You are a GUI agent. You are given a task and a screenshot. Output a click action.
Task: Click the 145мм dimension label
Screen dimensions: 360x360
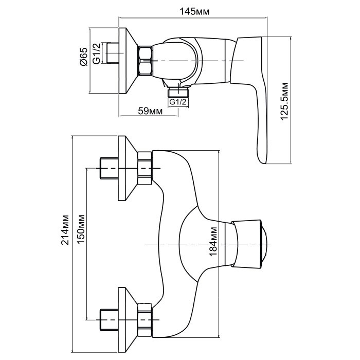194,11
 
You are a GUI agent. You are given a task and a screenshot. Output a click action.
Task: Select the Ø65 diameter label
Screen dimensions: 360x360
84,57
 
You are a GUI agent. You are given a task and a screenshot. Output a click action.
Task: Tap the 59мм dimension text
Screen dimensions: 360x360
150,111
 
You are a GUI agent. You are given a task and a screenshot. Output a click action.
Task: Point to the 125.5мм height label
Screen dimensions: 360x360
284,101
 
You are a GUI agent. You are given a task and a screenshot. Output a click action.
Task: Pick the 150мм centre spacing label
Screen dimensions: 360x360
81,229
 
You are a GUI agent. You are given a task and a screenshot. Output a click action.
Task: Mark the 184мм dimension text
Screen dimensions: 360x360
213,241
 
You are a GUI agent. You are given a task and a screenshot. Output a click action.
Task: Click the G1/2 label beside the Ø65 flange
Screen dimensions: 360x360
97,53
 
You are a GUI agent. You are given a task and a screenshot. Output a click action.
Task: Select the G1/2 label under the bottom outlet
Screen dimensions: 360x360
178,101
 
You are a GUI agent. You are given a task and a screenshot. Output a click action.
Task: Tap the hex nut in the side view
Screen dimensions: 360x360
145,60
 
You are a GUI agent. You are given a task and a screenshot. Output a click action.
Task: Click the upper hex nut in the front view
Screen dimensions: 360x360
145,168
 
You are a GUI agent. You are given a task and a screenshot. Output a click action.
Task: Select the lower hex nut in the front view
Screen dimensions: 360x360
145,320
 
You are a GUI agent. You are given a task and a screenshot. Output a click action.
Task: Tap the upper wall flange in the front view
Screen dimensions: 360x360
128,168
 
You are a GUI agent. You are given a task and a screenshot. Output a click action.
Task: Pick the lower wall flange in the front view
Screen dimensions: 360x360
128,320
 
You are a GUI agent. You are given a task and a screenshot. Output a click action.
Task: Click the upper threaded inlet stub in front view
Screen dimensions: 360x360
109,168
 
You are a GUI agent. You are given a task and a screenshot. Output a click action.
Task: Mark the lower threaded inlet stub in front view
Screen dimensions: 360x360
109,320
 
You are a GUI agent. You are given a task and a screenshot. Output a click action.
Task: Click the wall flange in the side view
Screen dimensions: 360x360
128,61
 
